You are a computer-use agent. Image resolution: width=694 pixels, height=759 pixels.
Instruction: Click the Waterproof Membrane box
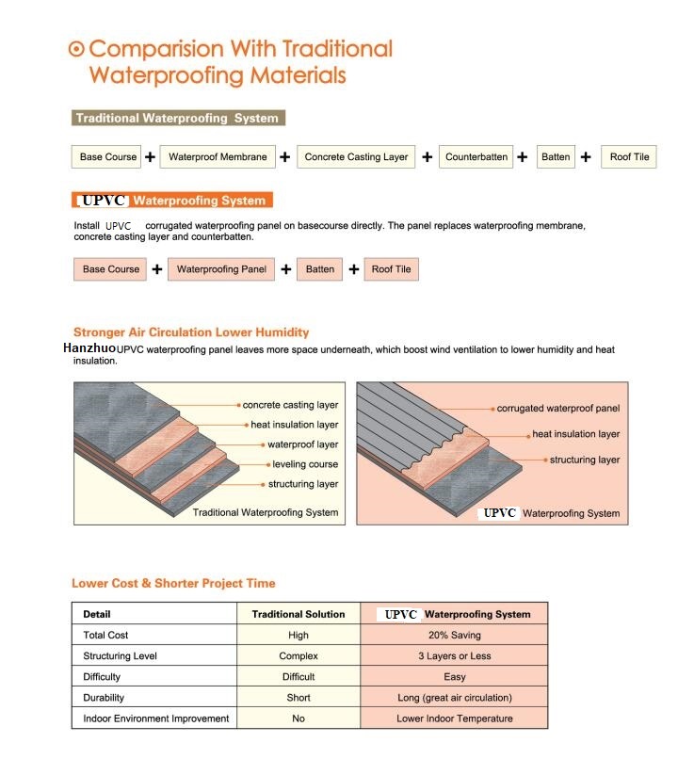click(x=218, y=157)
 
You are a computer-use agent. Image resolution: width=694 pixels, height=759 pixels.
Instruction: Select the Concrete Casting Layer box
click(x=356, y=157)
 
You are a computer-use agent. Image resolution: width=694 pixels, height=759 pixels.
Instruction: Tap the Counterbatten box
click(x=476, y=157)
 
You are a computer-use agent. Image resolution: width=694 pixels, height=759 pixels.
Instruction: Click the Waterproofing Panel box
click(x=221, y=269)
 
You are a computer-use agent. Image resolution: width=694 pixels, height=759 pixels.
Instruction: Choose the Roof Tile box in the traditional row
click(x=629, y=157)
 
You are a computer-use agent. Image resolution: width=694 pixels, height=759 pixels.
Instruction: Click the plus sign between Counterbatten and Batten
click(x=522, y=157)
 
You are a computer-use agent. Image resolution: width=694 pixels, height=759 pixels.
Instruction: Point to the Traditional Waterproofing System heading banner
click(x=178, y=119)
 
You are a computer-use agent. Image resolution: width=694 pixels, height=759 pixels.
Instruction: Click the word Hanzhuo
click(x=89, y=348)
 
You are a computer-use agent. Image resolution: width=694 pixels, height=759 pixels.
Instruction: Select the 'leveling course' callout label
click(x=305, y=464)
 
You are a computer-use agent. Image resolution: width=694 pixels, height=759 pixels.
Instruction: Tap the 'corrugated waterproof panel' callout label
click(x=558, y=409)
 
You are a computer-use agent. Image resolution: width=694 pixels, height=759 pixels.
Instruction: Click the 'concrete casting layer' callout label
click(x=290, y=405)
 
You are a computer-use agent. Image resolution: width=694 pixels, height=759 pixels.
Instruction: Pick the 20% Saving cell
click(x=455, y=636)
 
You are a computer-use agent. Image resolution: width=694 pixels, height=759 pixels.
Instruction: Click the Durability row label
click(x=104, y=698)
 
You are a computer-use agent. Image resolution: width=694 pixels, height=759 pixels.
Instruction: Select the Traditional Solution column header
click(x=299, y=614)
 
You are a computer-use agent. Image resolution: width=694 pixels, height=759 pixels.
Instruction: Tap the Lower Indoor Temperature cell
click(x=455, y=719)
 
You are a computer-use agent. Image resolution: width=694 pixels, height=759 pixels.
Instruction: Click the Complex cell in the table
click(x=299, y=656)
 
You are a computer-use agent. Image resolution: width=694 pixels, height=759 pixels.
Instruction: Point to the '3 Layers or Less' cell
click(x=455, y=656)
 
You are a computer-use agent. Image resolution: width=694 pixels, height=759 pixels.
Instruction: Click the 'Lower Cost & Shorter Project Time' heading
click(x=173, y=583)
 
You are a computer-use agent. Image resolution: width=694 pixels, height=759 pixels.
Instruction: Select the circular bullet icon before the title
click(x=77, y=49)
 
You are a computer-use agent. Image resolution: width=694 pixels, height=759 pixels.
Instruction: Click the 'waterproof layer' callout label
click(x=302, y=444)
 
